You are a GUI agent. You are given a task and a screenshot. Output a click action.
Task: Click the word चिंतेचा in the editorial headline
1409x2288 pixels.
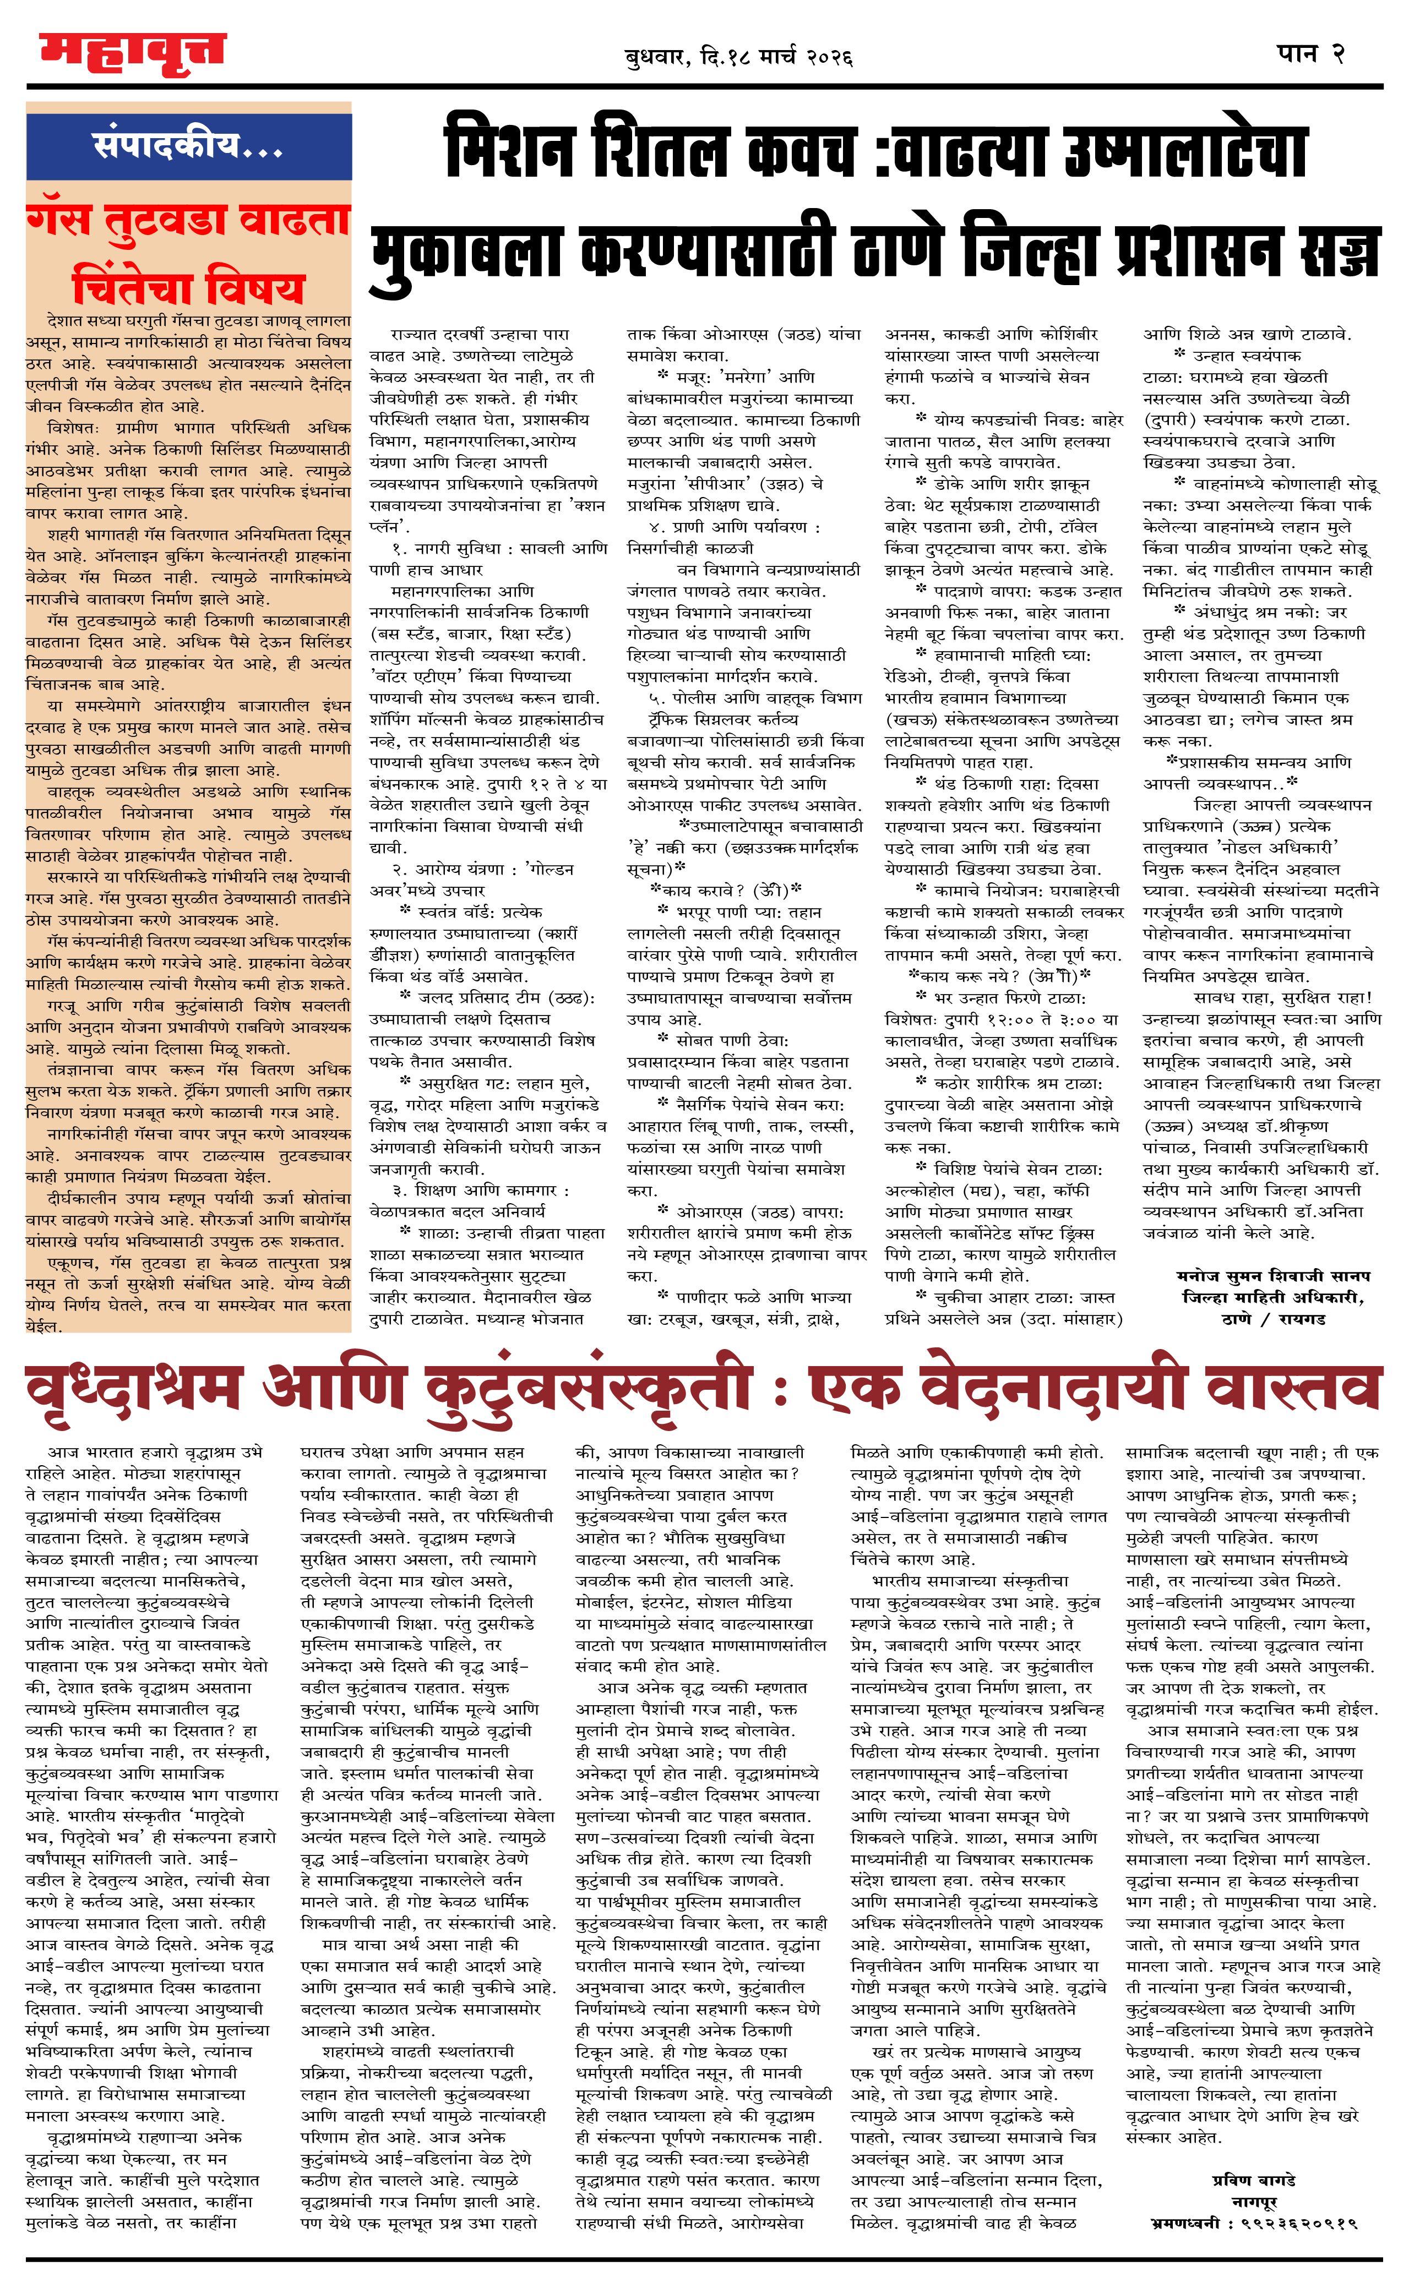pyautogui.click(x=130, y=286)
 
